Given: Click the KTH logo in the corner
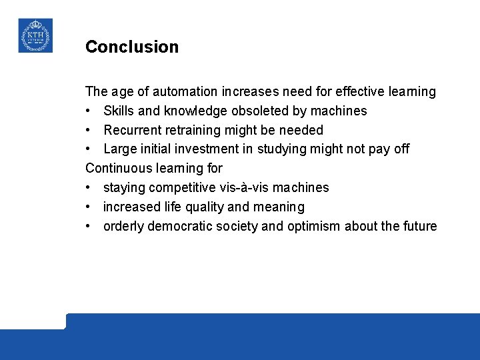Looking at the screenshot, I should coord(35,35).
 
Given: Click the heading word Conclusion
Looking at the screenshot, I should coord(132,47).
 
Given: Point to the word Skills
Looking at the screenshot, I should coord(118,111).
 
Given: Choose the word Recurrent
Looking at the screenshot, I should coord(132,130).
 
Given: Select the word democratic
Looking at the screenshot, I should coord(177,227).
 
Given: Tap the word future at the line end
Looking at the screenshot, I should coord(419,227).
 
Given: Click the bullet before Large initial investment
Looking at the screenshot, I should coord(89,149).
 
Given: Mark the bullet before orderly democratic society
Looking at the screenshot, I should coord(89,227).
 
